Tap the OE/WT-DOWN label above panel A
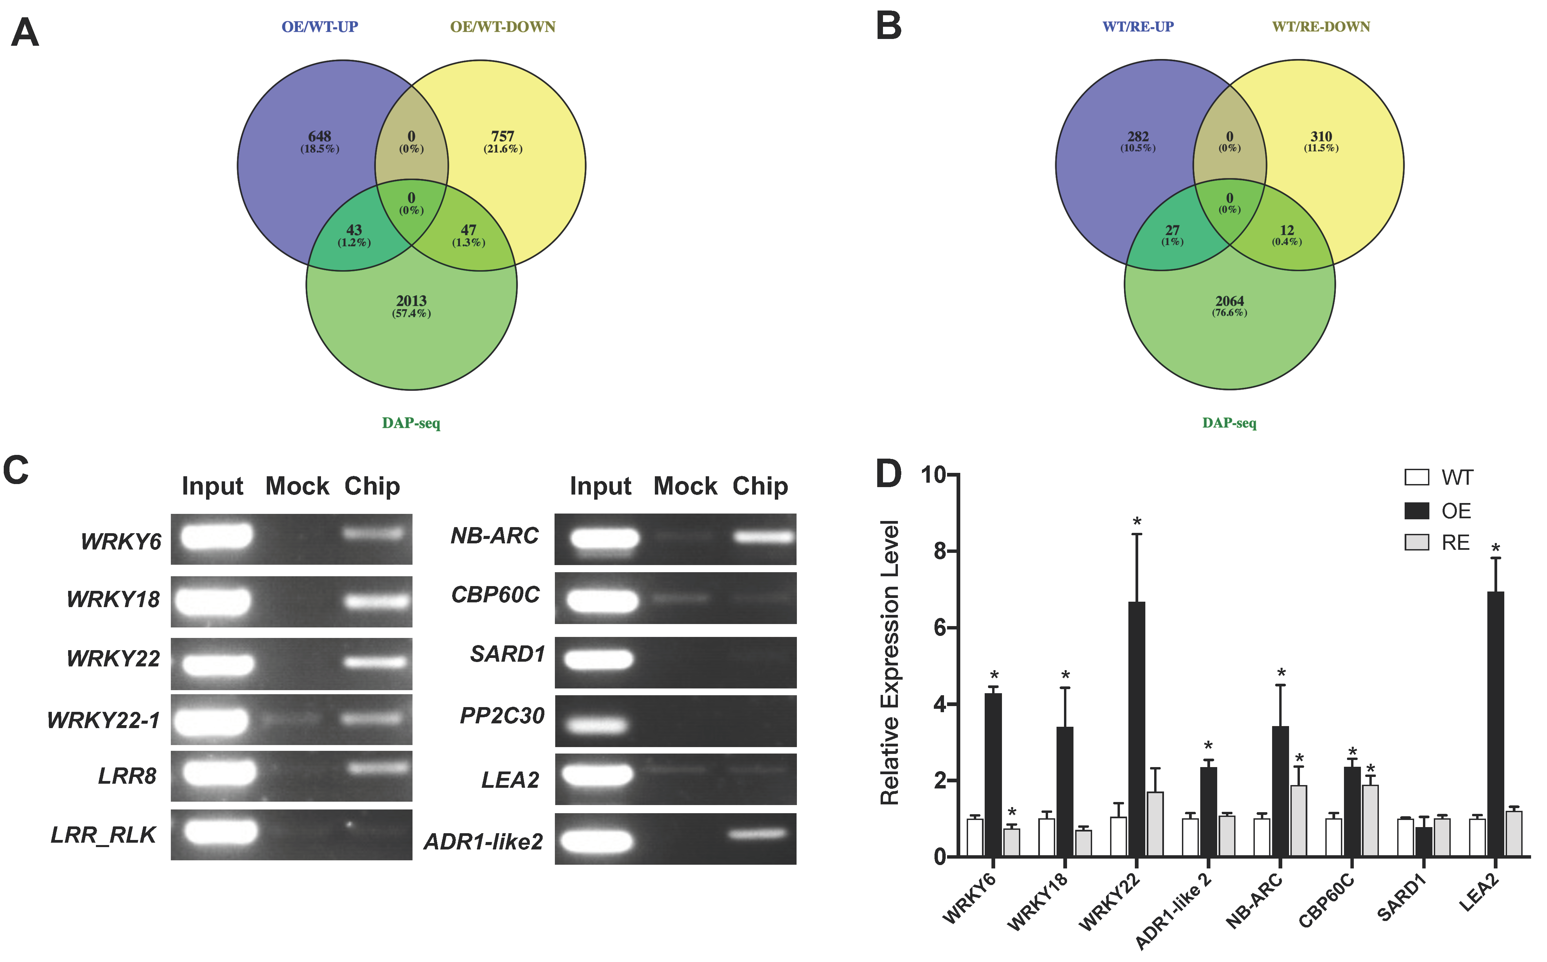tap(503, 27)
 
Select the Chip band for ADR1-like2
tap(757, 834)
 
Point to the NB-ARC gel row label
tap(494, 536)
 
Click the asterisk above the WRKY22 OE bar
tap(1137, 522)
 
